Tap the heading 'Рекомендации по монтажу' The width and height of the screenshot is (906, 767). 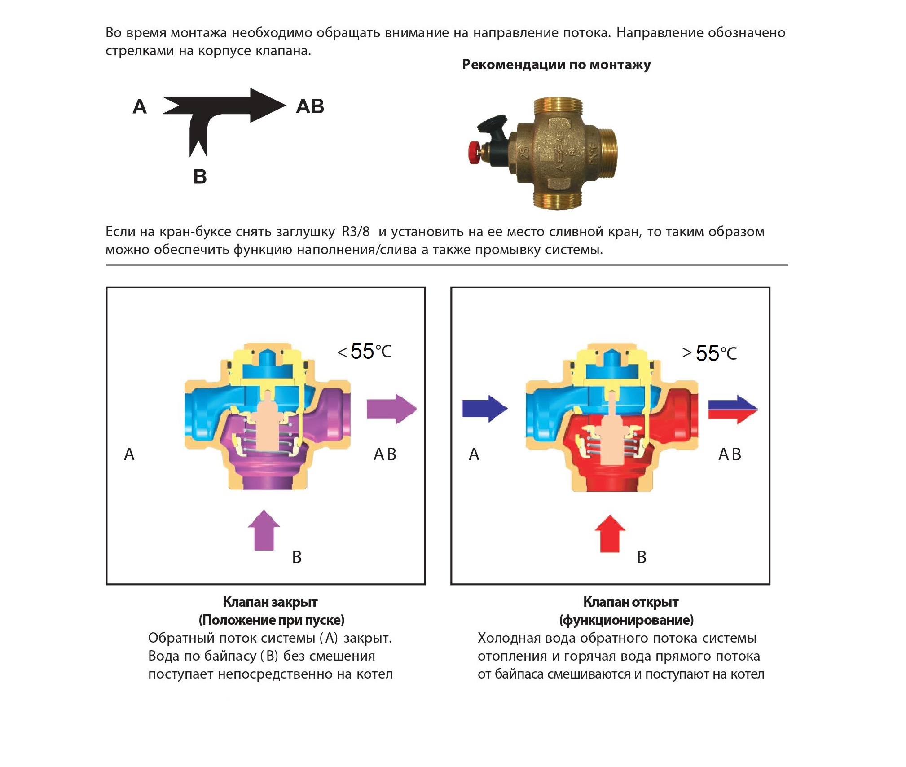tap(556, 65)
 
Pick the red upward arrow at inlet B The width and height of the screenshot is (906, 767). tap(610, 534)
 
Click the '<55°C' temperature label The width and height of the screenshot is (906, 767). tap(365, 352)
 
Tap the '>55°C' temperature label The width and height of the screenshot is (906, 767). tap(709, 353)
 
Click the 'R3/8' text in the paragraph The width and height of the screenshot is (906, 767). tap(356, 232)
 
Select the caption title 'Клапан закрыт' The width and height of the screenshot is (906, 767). tap(270, 602)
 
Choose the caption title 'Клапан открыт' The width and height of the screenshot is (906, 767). tap(631, 602)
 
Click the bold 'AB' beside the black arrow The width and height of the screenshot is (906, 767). tap(310, 107)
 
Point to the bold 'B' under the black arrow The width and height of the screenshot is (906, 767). tap(200, 176)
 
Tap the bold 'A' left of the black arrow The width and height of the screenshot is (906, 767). tap(140, 107)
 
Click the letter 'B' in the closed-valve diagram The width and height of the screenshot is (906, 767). tap(297, 557)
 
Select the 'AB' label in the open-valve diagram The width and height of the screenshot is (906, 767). tap(730, 454)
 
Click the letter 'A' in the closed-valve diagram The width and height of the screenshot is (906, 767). tap(129, 454)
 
